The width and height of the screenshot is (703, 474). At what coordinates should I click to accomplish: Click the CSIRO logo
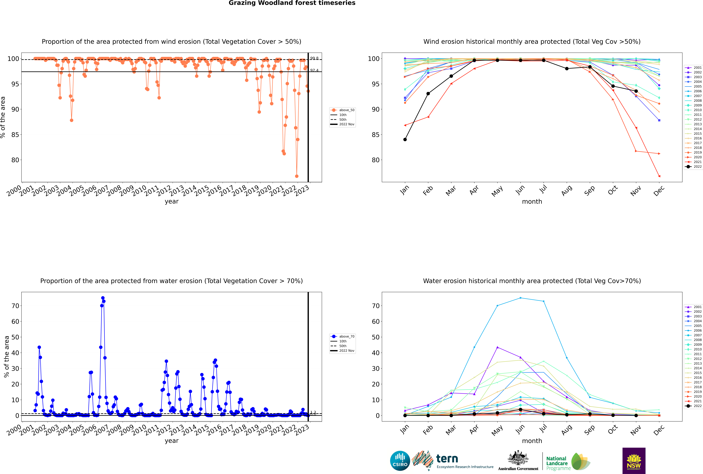click(400, 461)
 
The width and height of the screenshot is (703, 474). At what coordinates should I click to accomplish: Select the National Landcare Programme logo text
click(557, 463)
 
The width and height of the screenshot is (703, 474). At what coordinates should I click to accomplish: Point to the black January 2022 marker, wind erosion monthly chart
click(405, 139)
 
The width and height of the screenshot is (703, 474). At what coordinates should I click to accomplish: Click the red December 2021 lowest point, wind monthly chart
click(659, 176)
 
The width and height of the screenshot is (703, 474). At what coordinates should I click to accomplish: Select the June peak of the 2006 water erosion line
click(520, 298)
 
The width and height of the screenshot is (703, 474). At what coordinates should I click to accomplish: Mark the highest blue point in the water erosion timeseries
click(103, 298)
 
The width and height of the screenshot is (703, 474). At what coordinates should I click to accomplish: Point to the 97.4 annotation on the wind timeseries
click(314, 70)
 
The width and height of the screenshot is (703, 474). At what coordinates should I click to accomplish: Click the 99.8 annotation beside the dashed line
click(314, 58)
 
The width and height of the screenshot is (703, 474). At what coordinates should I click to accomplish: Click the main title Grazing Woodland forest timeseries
click(292, 3)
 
